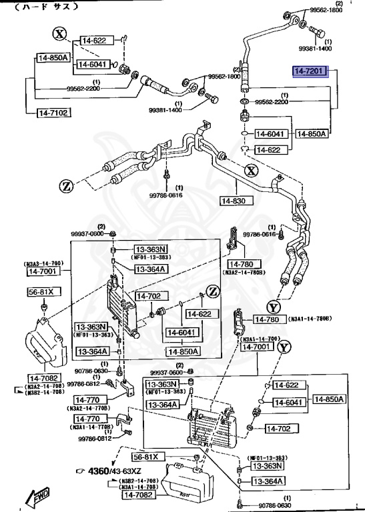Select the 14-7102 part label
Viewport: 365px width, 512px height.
pos(52,113)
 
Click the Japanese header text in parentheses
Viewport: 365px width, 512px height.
pos(47,7)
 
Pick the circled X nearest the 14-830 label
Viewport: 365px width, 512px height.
pos(250,171)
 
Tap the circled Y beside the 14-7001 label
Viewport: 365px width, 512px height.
pos(284,347)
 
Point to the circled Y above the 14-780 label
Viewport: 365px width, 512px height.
pos(272,307)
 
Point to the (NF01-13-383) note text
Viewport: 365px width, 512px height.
pos(151,257)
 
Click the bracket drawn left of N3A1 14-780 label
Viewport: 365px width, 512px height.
pos(238,321)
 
